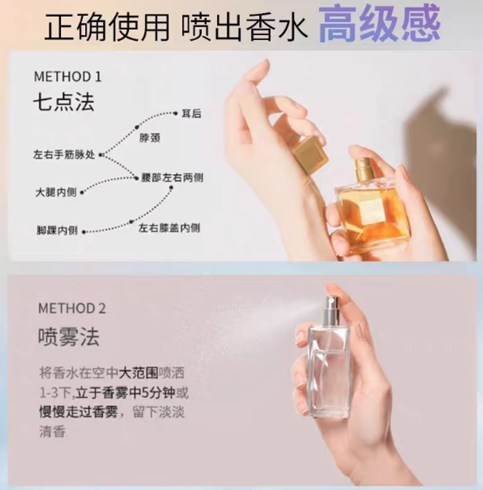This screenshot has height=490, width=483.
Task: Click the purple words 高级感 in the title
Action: (379, 24)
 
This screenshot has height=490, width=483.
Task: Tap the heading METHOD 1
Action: (68, 77)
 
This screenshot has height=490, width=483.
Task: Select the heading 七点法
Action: (63, 102)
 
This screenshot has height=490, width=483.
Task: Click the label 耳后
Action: (192, 114)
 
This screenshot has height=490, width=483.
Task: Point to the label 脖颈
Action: (150, 138)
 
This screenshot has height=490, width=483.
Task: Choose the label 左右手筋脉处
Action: (64, 155)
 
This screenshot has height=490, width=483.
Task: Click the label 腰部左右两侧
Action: (172, 178)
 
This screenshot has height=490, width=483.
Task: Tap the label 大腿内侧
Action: (56, 192)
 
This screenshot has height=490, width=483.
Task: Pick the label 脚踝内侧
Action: (57, 231)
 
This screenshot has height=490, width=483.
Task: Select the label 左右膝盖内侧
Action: (169, 228)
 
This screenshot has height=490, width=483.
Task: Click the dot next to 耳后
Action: (176, 113)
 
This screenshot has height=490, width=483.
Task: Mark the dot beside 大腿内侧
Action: (82, 193)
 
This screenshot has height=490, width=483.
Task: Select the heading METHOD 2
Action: (72, 308)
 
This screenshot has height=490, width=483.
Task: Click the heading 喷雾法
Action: (69, 337)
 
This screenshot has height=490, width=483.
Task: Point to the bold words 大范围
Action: (138, 373)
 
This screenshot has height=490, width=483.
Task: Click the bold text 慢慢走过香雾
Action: (78, 412)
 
